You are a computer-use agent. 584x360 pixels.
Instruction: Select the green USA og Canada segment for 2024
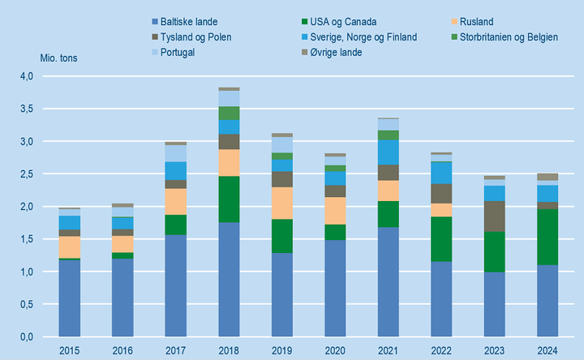[x=546, y=237]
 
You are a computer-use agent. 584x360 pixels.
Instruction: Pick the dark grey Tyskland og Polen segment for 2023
[x=493, y=216]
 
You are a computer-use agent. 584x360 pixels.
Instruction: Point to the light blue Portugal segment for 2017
[x=176, y=153]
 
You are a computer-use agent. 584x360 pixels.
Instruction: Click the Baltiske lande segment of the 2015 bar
[x=71, y=298]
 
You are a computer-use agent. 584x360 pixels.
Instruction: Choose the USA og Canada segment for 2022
[x=440, y=239]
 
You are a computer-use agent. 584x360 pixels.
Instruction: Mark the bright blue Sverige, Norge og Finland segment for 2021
[x=388, y=152]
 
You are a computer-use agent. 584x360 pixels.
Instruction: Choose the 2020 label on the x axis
[x=335, y=349]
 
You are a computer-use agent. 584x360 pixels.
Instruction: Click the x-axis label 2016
[x=123, y=349]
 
